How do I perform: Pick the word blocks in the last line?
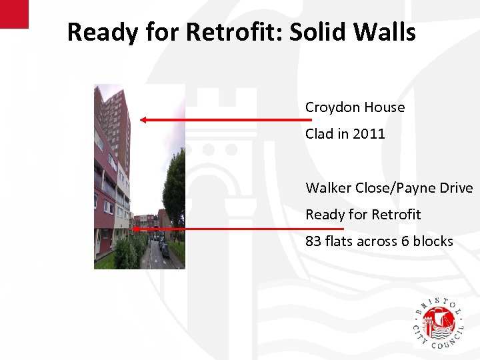pos(432,241)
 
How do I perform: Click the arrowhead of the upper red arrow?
pos(143,120)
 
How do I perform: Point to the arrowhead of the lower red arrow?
pos(135,229)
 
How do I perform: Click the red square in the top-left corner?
pos(14,13)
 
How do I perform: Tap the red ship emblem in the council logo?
pos(438,322)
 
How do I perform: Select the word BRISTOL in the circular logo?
pos(438,304)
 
